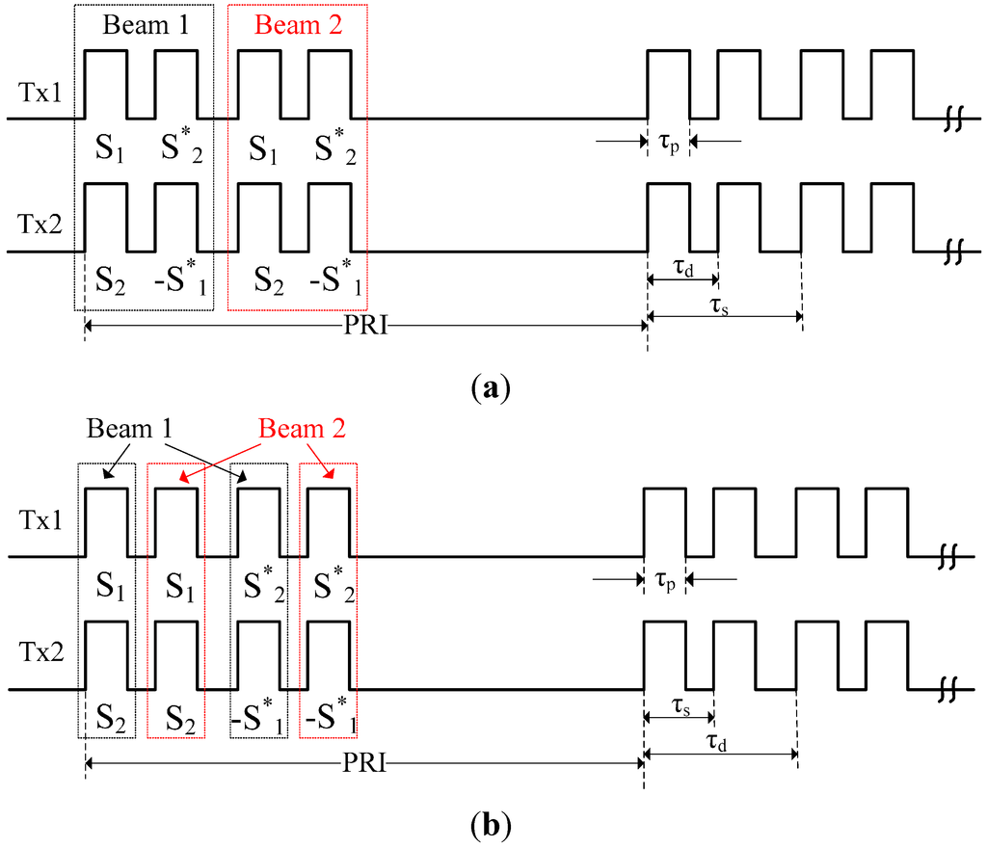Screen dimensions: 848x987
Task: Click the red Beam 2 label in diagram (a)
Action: point(297,26)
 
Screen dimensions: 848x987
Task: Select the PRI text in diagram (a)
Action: point(365,328)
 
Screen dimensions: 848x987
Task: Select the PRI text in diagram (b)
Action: point(365,764)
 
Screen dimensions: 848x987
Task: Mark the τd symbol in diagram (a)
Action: point(683,268)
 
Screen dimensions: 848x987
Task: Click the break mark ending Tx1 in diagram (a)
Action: point(953,119)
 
